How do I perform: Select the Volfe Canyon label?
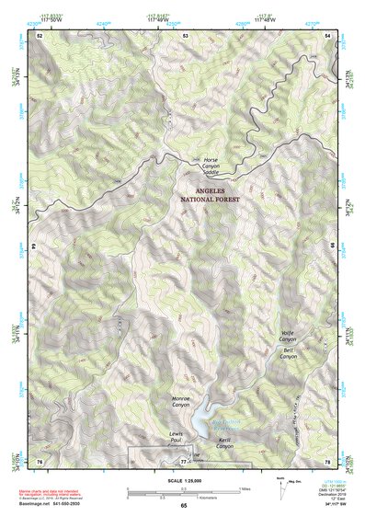tap(288, 335)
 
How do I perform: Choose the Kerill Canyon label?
tap(225, 443)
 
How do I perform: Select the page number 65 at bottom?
tap(184, 506)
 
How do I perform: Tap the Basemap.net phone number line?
tap(46, 505)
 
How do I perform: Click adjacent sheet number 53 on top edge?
tap(185, 34)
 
